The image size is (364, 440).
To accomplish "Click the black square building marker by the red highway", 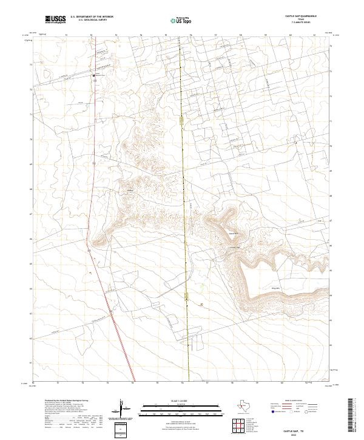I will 93,75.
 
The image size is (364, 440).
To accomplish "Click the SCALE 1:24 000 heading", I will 173,401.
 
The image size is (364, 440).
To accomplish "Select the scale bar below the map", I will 173,407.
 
